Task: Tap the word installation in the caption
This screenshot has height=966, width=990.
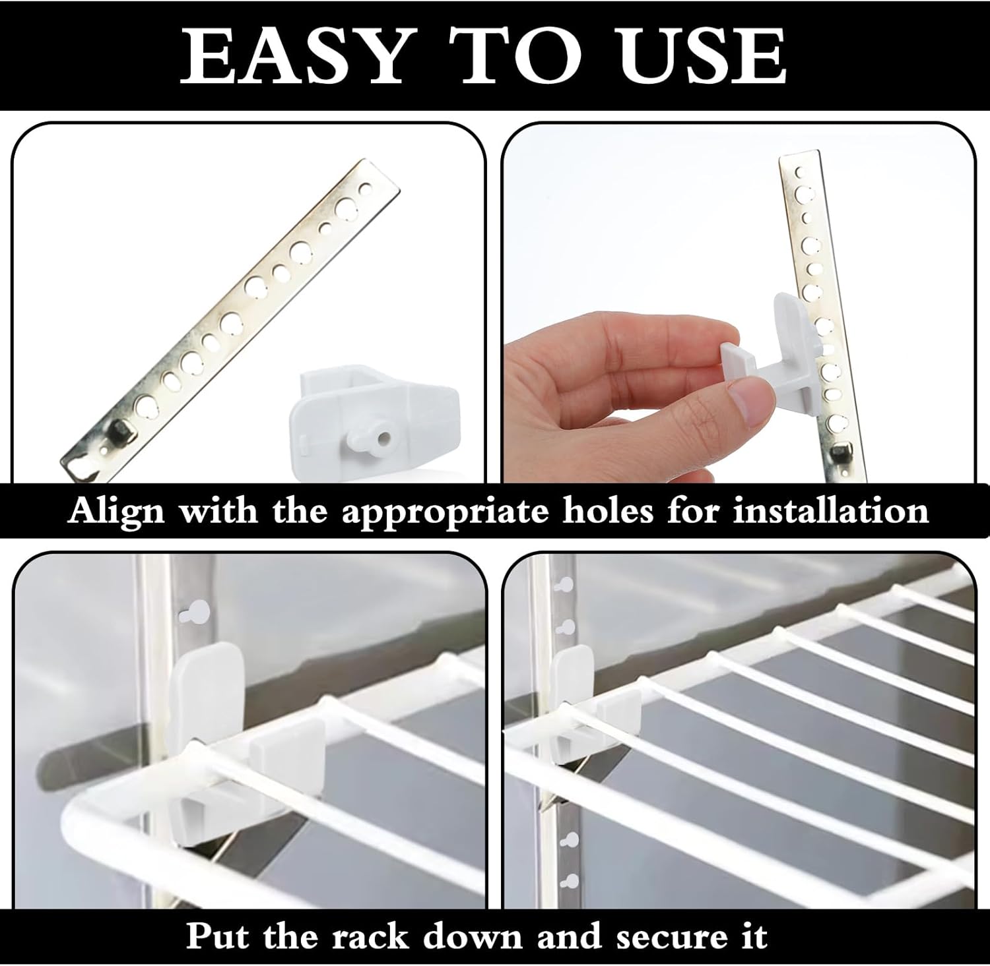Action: tap(830, 510)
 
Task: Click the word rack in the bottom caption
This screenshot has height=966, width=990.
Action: tap(370, 936)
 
